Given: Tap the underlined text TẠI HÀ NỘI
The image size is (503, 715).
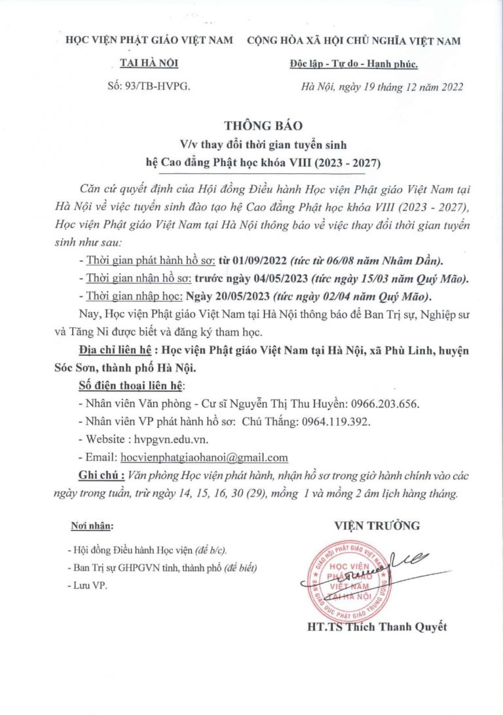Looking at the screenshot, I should coord(149,63).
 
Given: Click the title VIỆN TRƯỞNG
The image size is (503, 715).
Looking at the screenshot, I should coord(377,525).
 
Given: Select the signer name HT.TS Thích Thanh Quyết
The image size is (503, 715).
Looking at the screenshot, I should coord(377,627).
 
